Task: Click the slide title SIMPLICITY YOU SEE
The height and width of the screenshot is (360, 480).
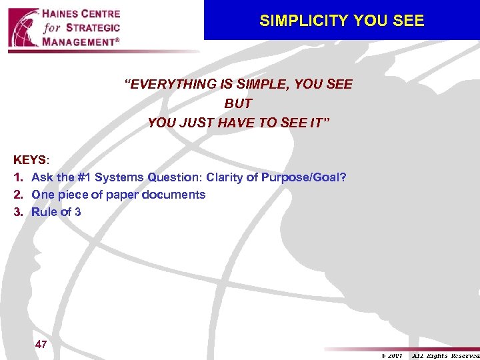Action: point(341,21)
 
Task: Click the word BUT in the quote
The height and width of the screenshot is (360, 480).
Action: point(238,104)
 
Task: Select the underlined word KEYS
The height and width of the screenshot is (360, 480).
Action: point(29,161)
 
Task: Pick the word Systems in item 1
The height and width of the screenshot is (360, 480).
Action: point(117,177)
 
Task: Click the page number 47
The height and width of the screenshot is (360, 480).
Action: point(41,345)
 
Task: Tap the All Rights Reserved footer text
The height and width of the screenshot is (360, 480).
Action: point(445,356)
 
